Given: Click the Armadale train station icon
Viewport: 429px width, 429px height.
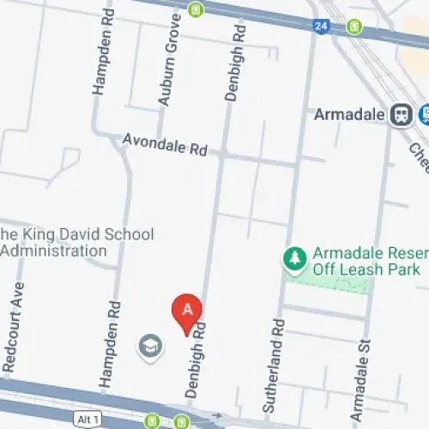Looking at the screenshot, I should pos(399,114).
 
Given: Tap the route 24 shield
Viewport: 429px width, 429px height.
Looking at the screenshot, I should pos(322,26).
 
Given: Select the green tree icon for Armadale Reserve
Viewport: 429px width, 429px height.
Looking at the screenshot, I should pos(294,257).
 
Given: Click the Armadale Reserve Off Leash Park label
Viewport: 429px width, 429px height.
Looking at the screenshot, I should pos(369,261).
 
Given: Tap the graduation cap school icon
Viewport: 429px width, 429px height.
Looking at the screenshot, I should pos(149,346).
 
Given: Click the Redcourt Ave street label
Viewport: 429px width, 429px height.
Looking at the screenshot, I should pos(14,327).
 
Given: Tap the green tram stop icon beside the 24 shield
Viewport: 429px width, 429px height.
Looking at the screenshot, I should pos(353,27).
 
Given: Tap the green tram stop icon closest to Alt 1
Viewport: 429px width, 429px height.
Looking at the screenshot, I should pos(153,421).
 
